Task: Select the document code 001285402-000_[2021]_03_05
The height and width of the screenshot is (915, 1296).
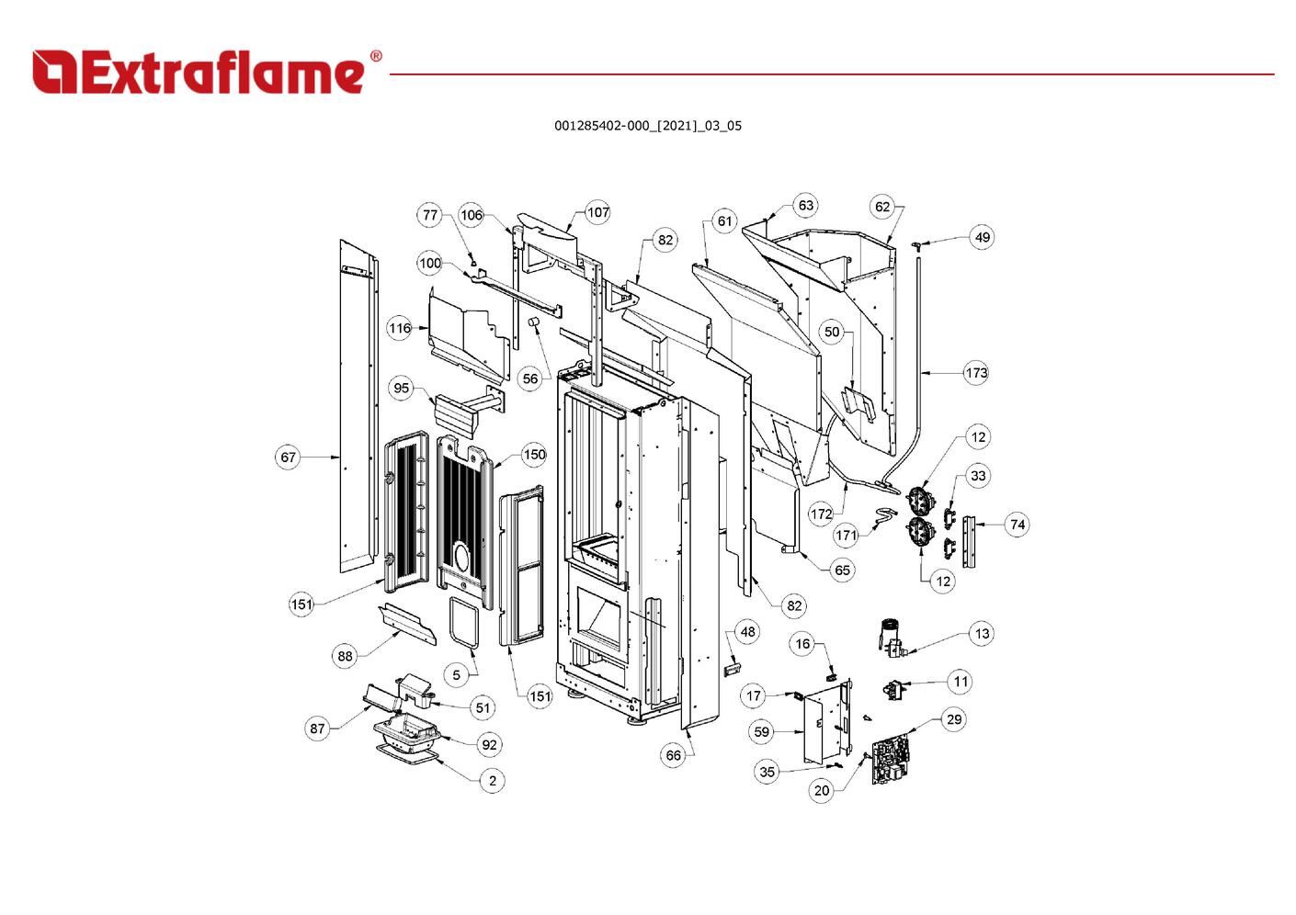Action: click(x=647, y=126)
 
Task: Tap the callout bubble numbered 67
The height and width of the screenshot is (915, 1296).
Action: click(x=289, y=457)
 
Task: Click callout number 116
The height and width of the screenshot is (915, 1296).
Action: click(x=400, y=328)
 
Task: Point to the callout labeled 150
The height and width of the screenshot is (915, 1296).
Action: click(x=534, y=455)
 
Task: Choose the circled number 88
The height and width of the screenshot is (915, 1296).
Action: click(x=345, y=655)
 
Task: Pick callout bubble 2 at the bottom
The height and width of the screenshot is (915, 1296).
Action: click(x=493, y=780)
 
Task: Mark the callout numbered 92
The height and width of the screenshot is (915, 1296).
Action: click(x=489, y=744)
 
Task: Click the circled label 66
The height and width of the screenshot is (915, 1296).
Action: click(x=674, y=755)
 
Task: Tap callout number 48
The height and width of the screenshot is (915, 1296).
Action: click(x=748, y=631)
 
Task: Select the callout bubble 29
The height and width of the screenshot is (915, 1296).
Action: click(x=954, y=719)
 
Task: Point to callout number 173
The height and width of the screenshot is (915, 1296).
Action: click(x=976, y=373)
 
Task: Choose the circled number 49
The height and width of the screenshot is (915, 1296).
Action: click(x=983, y=237)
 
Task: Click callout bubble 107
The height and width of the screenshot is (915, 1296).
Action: click(x=598, y=212)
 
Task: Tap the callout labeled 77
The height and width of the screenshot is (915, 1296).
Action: click(x=430, y=215)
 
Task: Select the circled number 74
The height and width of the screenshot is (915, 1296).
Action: click(x=1017, y=525)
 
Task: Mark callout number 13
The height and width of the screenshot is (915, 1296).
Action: click(x=982, y=633)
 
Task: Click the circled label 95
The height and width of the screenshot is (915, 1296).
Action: click(x=402, y=388)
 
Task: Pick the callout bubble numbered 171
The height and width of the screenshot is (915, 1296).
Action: click(x=847, y=535)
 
